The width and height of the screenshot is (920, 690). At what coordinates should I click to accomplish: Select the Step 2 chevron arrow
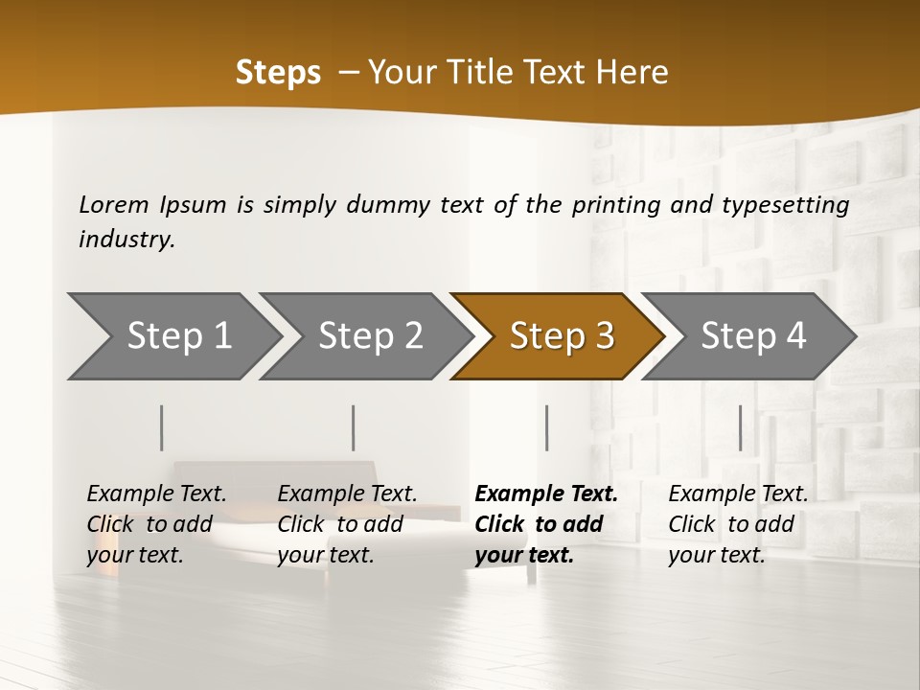(x=370, y=336)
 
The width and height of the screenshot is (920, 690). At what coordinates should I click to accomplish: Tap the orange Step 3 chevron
(x=562, y=336)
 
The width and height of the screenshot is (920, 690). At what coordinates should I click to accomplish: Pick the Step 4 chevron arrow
(x=753, y=336)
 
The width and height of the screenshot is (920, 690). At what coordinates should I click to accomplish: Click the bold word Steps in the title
(x=278, y=73)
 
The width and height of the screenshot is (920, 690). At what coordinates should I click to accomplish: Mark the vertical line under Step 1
(x=162, y=427)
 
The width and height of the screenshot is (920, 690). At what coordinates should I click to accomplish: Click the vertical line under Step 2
(x=354, y=427)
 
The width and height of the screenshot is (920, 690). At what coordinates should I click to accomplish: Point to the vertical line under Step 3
(x=547, y=427)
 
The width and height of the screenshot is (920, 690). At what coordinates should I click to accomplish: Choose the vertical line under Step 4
(x=740, y=427)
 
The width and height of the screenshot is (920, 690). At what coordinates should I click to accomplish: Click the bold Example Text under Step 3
(x=546, y=494)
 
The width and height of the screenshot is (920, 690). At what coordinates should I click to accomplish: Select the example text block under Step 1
(x=156, y=524)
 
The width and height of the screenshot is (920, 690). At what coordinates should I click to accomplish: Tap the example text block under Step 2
(x=347, y=524)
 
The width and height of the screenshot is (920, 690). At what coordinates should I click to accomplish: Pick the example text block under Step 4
(x=738, y=524)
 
